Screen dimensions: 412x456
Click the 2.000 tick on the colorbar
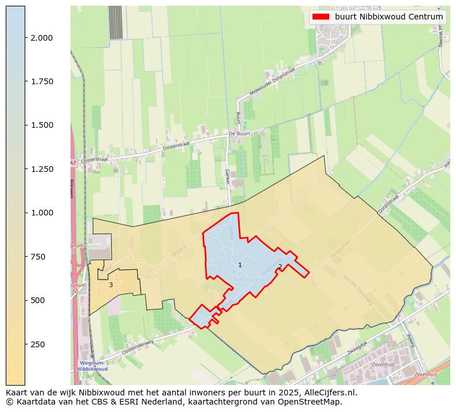[x=25, y=38]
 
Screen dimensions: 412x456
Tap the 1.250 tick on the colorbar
[x=25, y=169]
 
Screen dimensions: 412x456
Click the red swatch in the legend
[x=321, y=17]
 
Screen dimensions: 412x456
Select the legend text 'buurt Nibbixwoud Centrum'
[x=389, y=17]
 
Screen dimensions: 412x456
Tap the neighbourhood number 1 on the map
[x=240, y=265]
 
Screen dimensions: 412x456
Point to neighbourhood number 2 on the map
[x=280, y=266]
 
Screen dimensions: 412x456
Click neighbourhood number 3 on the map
[x=111, y=285]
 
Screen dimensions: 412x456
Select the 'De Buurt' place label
[x=240, y=133]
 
